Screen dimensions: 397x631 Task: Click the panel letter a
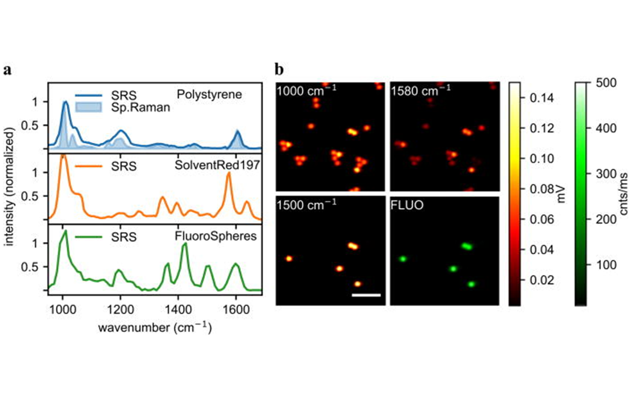[8, 70]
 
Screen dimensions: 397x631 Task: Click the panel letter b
[280, 70]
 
